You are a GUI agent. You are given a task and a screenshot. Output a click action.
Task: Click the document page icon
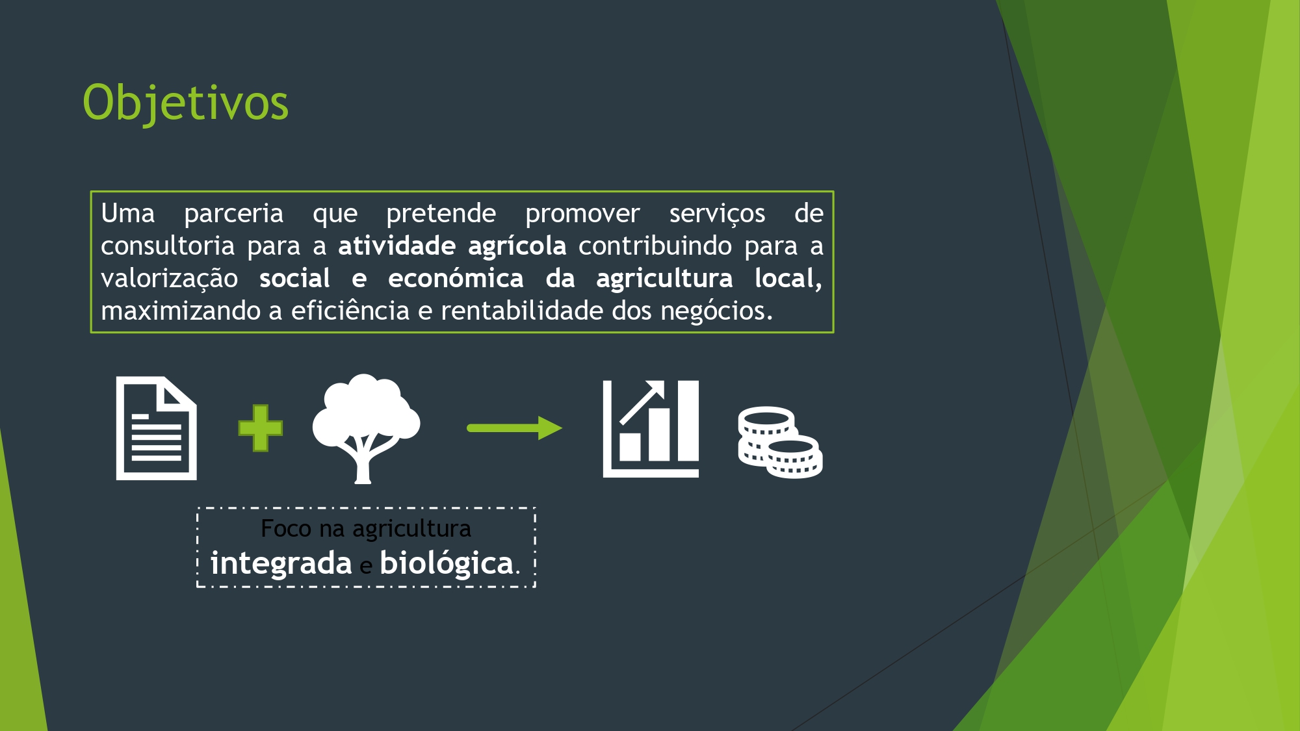(x=157, y=428)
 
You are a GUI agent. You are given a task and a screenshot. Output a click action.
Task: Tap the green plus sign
(x=261, y=428)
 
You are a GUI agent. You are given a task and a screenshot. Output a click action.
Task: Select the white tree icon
(x=366, y=429)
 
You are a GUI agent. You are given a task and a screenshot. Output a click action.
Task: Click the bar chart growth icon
(x=651, y=429)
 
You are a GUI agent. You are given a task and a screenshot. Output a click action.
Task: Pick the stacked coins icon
(x=780, y=442)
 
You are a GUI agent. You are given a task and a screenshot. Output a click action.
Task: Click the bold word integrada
(x=281, y=563)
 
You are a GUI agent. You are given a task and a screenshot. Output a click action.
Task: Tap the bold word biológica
(x=447, y=563)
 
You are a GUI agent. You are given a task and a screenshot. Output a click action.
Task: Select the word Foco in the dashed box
(x=286, y=529)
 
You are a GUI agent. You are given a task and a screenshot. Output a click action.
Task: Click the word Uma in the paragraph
(x=128, y=214)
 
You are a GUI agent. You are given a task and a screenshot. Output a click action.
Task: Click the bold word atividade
(x=397, y=246)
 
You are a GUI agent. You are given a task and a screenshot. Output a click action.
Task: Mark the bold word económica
(x=456, y=279)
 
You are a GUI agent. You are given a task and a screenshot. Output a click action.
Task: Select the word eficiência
(x=350, y=311)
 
